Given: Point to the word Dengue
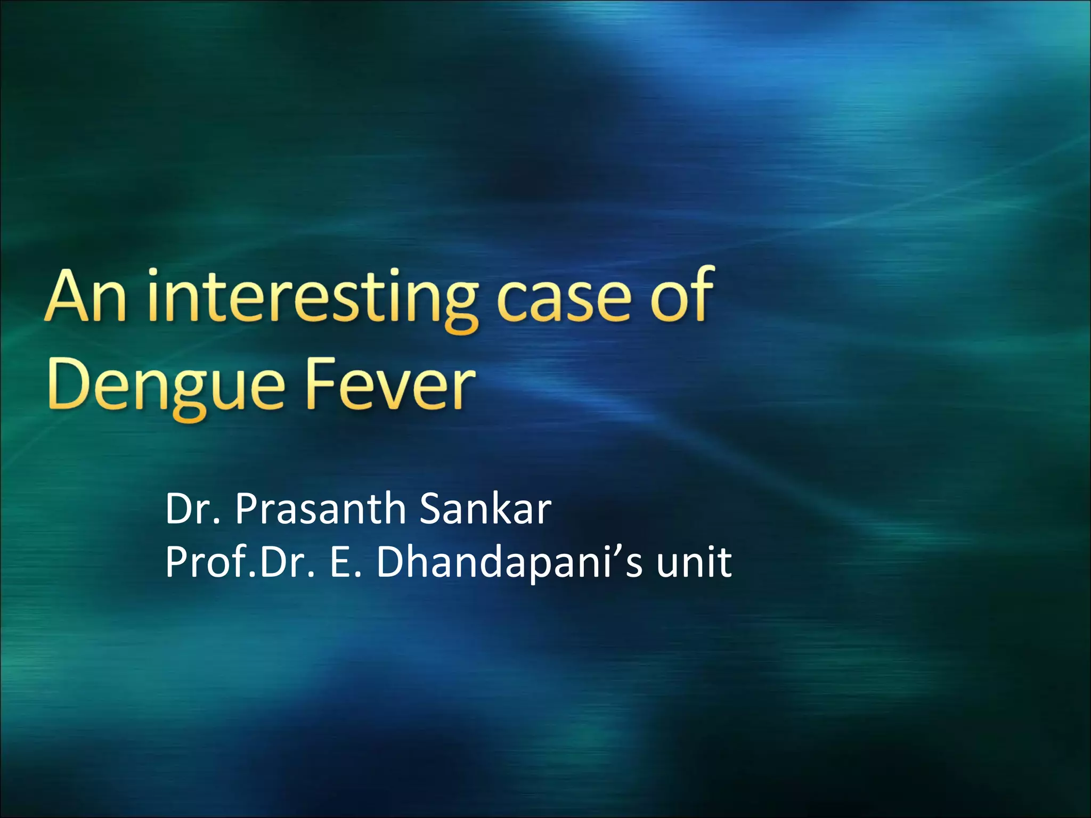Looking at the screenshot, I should coord(166,386).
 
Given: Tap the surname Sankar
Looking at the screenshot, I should coord(485,509).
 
